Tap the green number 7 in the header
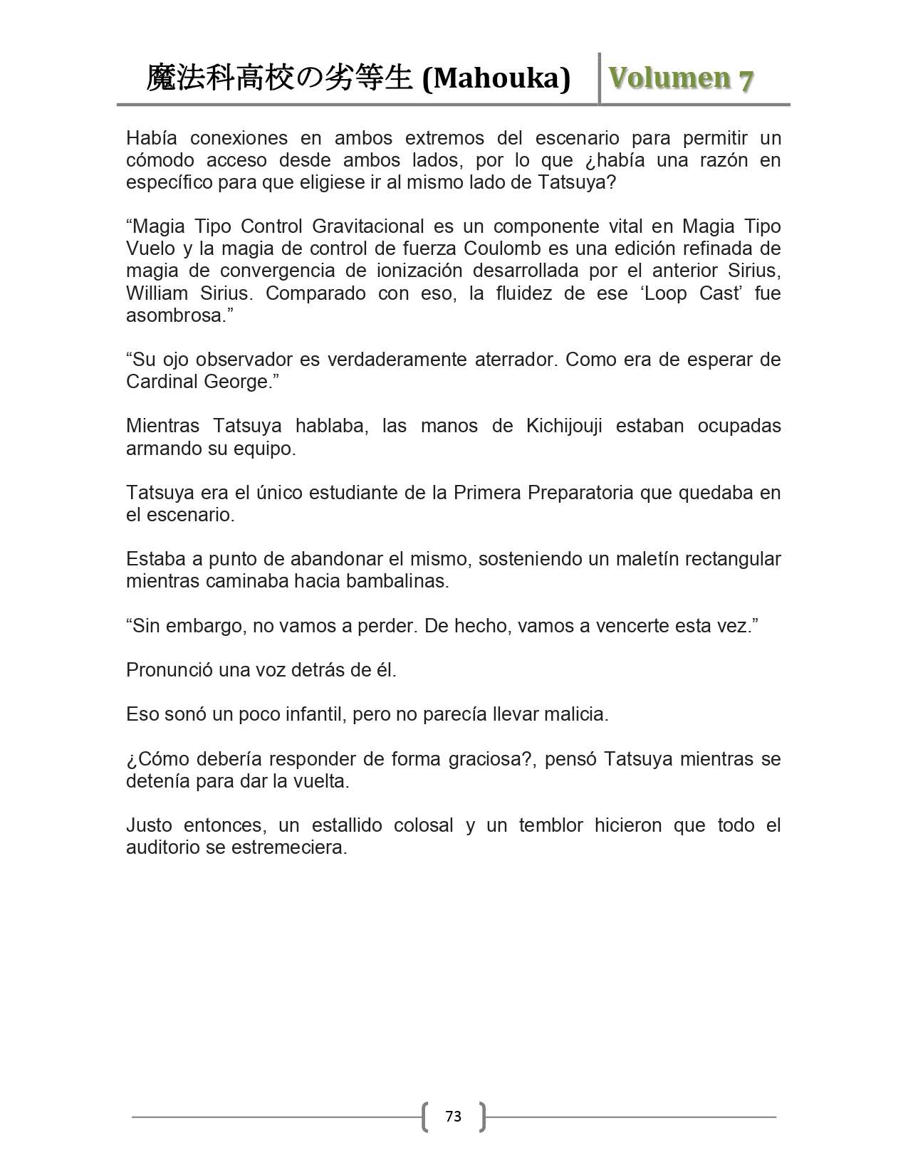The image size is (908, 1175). coord(745,80)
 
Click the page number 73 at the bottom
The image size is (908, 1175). coord(453,1116)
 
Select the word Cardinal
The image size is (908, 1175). coord(162,382)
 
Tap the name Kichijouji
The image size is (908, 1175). coord(564,426)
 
